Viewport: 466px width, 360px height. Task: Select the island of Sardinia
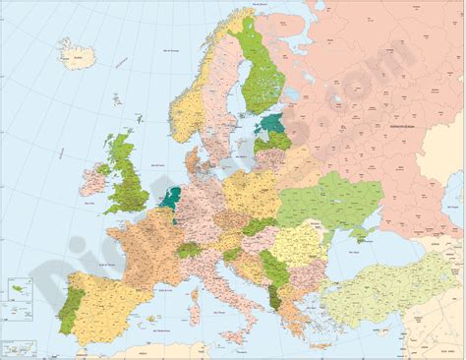(x=197, y=308)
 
